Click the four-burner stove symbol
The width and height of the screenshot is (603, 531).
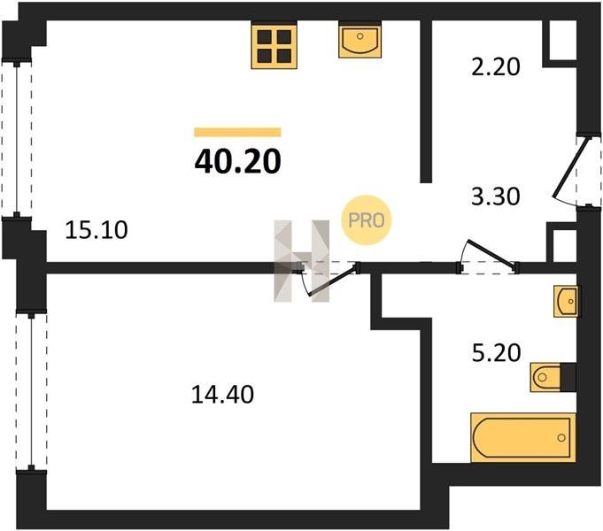pyautogui.click(x=274, y=46)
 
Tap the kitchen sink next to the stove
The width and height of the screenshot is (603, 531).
pyautogui.click(x=360, y=40)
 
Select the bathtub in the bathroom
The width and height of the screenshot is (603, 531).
pyautogui.click(x=523, y=437)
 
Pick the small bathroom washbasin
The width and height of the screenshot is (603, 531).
pyautogui.click(x=565, y=302)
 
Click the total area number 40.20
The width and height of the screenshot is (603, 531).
pyautogui.click(x=237, y=161)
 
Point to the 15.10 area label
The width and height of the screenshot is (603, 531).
pyautogui.click(x=97, y=230)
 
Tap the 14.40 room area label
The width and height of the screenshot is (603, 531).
pyautogui.click(x=222, y=395)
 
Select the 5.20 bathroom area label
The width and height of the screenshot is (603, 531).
pyautogui.click(x=496, y=353)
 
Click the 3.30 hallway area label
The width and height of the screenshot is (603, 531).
pyautogui.click(x=495, y=196)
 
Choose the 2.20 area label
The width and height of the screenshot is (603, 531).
pyautogui.click(x=495, y=66)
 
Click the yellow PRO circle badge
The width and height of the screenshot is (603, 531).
pyautogui.click(x=366, y=220)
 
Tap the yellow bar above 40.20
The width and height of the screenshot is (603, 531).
pyautogui.click(x=237, y=132)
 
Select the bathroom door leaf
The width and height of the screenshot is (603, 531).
pyautogui.click(x=491, y=252)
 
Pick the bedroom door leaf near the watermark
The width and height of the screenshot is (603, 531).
pyautogui.click(x=333, y=281)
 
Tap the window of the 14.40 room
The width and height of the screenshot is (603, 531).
pyautogui.click(x=31, y=390)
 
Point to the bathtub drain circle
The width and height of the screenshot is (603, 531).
pyautogui.click(x=561, y=437)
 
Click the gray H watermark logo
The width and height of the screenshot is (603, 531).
pyautogui.click(x=301, y=261)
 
